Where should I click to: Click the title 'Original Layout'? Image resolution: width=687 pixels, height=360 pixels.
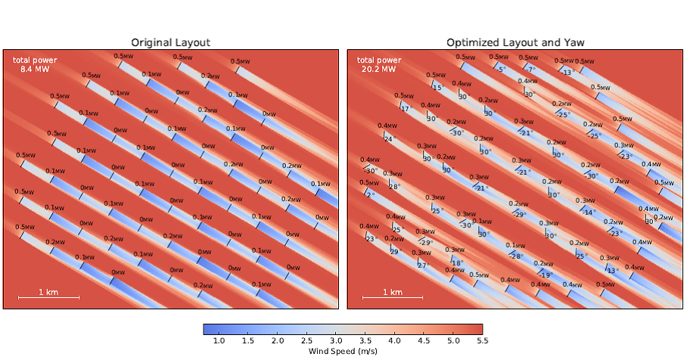170,42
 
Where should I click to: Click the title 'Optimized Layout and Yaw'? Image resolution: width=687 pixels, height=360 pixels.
514,42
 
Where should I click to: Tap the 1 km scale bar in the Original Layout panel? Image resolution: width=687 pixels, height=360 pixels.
48,296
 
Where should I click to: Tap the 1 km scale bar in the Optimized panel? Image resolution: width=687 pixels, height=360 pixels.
393,296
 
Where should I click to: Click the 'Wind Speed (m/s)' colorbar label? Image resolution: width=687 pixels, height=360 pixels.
343,352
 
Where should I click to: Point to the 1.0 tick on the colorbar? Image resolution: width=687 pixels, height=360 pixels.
219,342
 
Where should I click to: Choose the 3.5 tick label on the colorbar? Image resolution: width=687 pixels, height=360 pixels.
365,342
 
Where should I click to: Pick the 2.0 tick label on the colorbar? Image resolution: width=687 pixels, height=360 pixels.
278,342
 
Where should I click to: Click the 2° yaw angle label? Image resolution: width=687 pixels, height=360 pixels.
370,195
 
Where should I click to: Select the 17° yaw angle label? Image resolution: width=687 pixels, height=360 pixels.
406,109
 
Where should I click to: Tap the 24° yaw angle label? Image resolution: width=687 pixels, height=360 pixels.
390,139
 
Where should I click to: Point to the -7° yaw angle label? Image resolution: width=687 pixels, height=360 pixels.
531,70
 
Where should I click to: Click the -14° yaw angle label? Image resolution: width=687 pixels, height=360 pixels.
589,213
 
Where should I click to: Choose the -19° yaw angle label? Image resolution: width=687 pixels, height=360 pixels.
546,275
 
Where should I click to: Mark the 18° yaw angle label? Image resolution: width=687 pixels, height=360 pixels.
457,263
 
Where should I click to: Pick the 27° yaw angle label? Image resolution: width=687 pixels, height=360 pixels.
422,266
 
